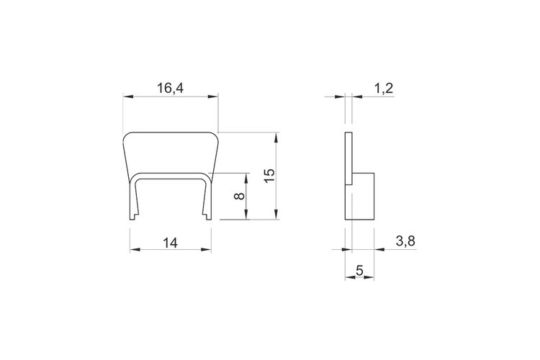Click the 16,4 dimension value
pyautogui.click(x=171, y=88)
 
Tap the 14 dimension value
pyautogui.click(x=170, y=243)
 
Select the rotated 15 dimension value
pyautogui.click(x=270, y=176)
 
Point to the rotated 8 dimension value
pyautogui.click(x=239, y=196)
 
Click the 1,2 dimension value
pyautogui.click(x=383, y=89)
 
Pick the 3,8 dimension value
pyautogui.click(x=405, y=241)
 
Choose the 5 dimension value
pyautogui.click(x=359, y=271)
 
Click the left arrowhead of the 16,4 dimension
pyautogui.click(x=128, y=96)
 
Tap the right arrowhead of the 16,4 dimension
pyautogui.click(x=213, y=96)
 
